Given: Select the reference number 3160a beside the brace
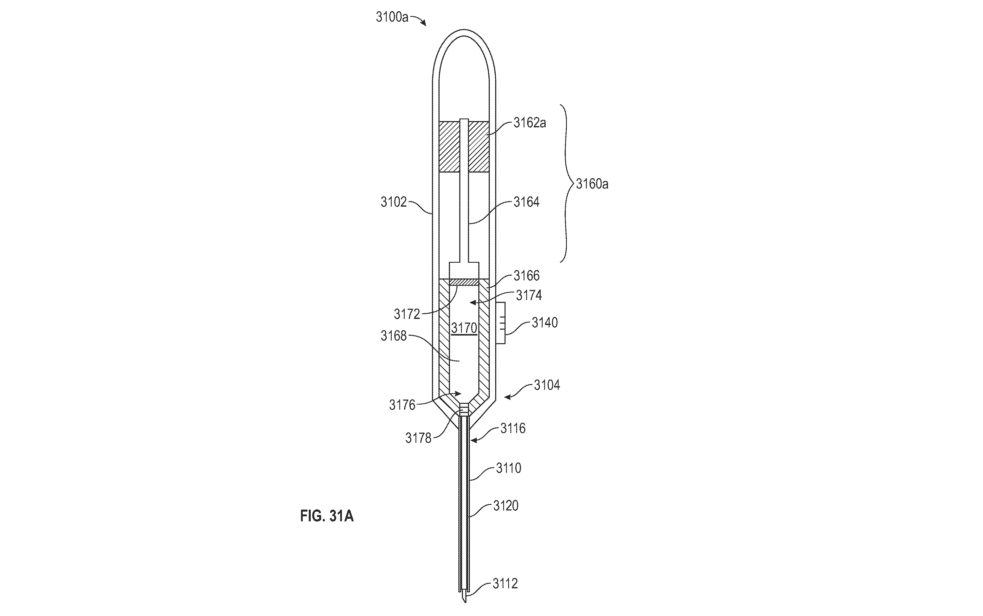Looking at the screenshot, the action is pyautogui.click(x=592, y=184).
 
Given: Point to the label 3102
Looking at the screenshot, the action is pyautogui.click(x=394, y=202).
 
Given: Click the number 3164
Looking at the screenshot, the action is pyautogui.click(x=526, y=202).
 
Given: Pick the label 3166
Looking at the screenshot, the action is pyautogui.click(x=526, y=276).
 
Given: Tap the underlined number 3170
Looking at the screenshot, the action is pyautogui.click(x=464, y=328).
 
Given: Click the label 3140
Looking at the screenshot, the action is pyautogui.click(x=545, y=323).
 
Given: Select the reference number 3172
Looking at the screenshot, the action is pyautogui.click(x=407, y=314).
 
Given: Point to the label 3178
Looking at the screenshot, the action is pyautogui.click(x=418, y=438).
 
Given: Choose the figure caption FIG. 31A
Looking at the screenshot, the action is pyautogui.click(x=327, y=516).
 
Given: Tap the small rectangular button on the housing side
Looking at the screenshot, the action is pyautogui.click(x=500, y=323).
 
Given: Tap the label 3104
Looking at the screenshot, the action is pyautogui.click(x=547, y=385).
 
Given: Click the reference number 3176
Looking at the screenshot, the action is pyautogui.click(x=402, y=405).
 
